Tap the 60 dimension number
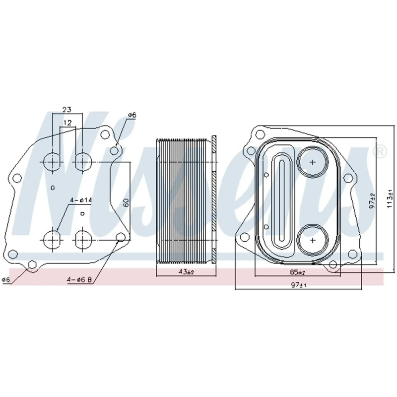pos(126,202)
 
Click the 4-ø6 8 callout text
pos(80,280)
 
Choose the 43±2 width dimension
pos(186,272)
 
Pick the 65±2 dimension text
pos(297,272)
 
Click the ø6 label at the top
pos(132,115)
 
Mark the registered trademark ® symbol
pos(381,151)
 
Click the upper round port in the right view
pos(312,162)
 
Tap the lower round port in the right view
pos(312,239)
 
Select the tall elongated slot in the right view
pos(281,201)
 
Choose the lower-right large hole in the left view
pos(83,240)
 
